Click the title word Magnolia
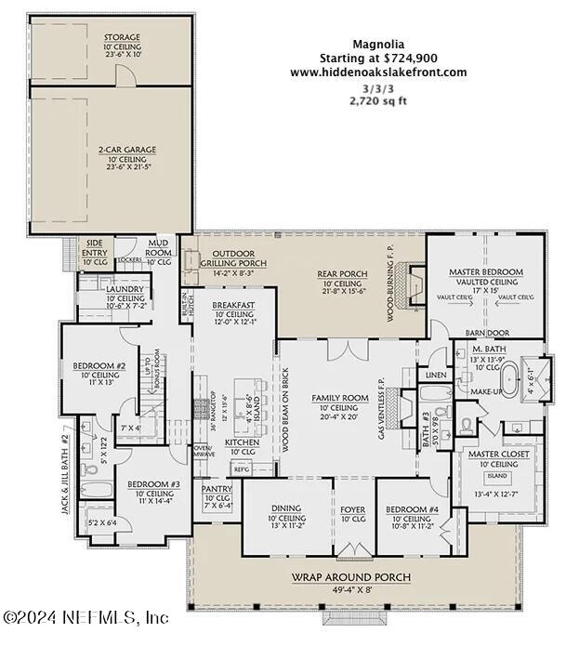378,43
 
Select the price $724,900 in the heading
405,58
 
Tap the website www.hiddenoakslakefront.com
378,73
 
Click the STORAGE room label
122,38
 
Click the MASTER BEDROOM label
486,271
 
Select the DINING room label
286,508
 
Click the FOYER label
353,508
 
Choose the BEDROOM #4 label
409,508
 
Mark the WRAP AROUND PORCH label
352,577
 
